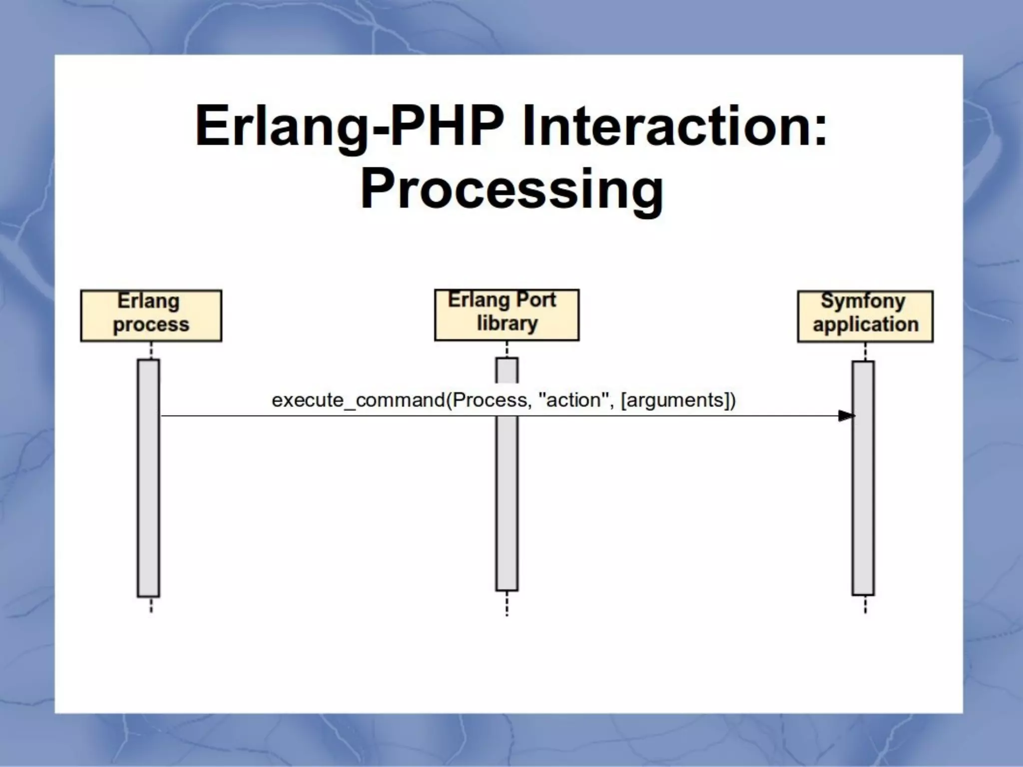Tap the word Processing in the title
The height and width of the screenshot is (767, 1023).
point(511,190)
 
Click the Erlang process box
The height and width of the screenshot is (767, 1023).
point(151,316)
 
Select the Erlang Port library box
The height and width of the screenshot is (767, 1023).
point(507,315)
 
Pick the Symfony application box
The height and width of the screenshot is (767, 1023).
point(865,317)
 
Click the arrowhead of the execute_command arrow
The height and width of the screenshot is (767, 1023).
point(846,415)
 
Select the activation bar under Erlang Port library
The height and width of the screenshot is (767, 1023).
point(507,499)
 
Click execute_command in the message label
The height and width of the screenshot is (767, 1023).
point(358,400)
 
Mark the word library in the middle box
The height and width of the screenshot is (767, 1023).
point(507,324)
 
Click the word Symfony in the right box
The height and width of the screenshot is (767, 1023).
point(863,301)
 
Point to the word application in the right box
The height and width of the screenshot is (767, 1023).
point(866,325)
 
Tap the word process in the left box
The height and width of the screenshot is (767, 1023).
point(151,325)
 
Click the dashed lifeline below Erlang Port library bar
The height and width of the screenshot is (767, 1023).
point(507,604)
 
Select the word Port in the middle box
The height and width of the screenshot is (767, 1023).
point(535,300)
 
